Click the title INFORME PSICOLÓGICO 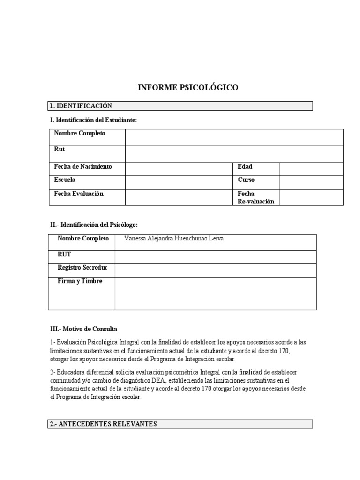[x=187, y=87]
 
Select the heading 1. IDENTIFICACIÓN [x=81, y=106]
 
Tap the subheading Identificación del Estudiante [x=93, y=120]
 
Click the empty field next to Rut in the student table [x=234, y=153]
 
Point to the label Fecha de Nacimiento [x=83, y=167]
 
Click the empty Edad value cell [x=311, y=168]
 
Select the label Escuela [x=65, y=180]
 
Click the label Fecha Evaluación [x=79, y=194]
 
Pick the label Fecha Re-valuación [x=255, y=197]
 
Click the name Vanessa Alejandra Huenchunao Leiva [x=174, y=239]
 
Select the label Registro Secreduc [x=82, y=268]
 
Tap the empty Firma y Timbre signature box [x=216, y=293]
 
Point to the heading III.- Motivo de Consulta [x=83, y=329]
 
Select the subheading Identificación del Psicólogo [x=94, y=225]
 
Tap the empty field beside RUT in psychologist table [x=216, y=257]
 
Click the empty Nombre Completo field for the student [x=234, y=137]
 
